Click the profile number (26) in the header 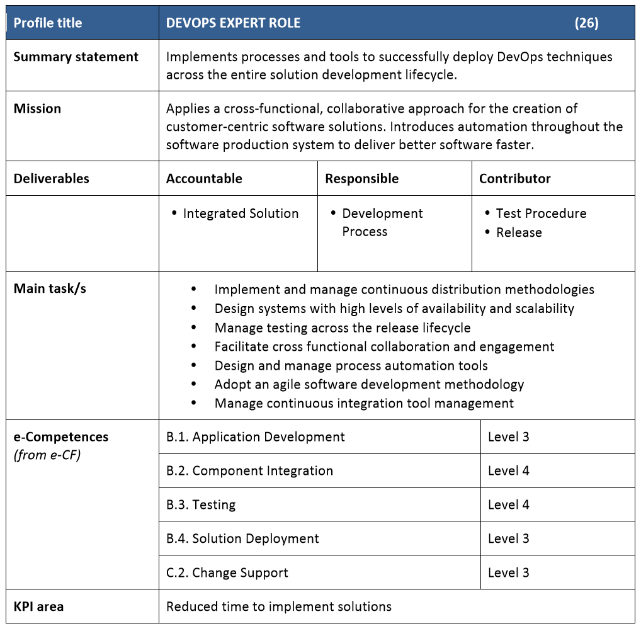tap(586, 23)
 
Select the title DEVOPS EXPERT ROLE tap(233, 23)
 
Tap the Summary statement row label tap(76, 57)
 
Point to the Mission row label tap(37, 108)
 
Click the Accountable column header tap(204, 178)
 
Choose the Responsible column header tap(361, 178)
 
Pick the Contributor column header tap(514, 178)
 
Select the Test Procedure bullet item tap(541, 213)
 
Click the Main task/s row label tap(50, 288)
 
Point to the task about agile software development tap(369, 384)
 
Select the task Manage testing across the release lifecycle tap(343, 327)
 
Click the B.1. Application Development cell tap(256, 436)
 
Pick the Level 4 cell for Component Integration tap(508, 470)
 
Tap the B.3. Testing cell tap(201, 504)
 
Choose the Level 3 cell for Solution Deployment tap(508, 538)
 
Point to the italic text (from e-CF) tap(47, 455)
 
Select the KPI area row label tap(38, 606)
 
